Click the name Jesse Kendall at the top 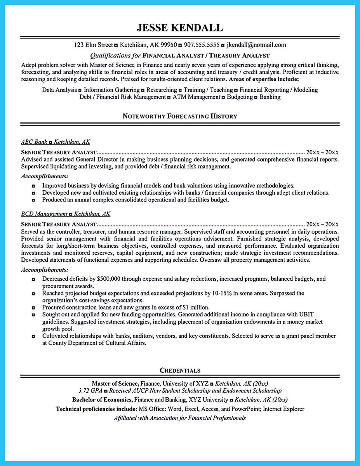pos(180,28)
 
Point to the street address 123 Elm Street pos(93,45)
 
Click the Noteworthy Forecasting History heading pos(180,116)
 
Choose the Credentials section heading pos(180,370)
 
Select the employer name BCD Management pos(44,214)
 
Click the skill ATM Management pos(196,97)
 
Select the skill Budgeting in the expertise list pos(240,97)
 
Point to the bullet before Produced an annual pos(34,200)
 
